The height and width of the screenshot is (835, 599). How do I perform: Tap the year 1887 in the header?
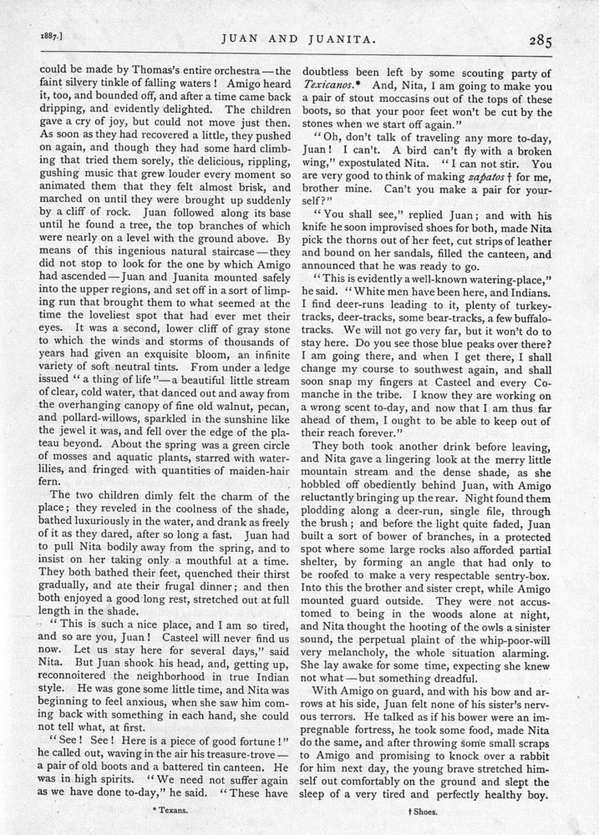[31, 37]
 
